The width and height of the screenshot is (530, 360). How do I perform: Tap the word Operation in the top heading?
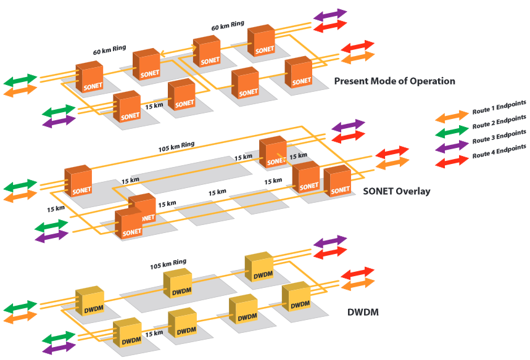point(431,81)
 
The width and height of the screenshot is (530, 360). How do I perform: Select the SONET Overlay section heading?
point(397,191)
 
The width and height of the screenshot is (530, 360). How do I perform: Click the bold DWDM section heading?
point(359,313)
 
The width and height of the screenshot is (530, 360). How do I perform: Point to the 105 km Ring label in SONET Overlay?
point(175,145)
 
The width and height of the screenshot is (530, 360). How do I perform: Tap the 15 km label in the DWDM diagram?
point(154,333)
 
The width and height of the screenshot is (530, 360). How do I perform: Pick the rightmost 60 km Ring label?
point(228,27)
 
